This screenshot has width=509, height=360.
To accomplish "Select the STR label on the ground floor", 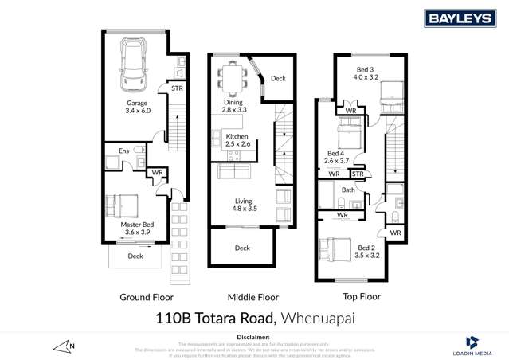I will [177, 88].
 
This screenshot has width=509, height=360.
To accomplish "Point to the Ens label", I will [124, 150].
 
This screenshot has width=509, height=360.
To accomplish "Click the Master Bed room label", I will [137, 230].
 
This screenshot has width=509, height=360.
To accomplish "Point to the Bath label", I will [349, 190].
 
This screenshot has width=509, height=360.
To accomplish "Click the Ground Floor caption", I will [147, 297].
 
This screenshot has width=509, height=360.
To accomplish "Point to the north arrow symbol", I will [64, 346].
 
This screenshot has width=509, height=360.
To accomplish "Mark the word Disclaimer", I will [254, 335].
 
